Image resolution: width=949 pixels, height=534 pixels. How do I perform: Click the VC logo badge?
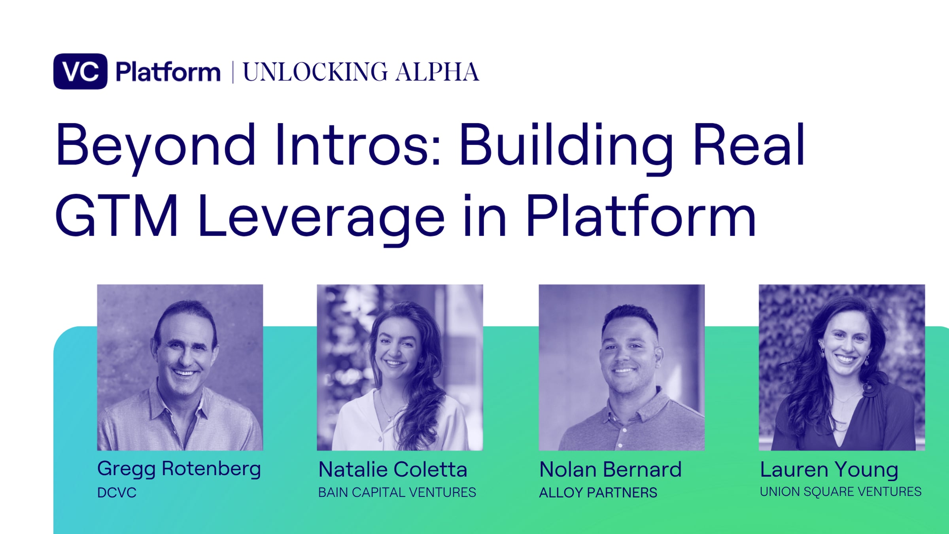click(x=80, y=71)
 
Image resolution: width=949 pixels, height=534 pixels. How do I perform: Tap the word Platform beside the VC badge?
click(x=168, y=72)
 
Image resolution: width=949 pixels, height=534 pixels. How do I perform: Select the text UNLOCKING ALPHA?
click(x=361, y=72)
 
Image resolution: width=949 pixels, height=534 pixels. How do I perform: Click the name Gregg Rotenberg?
click(x=179, y=469)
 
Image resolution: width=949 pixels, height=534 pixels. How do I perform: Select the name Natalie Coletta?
click(x=393, y=470)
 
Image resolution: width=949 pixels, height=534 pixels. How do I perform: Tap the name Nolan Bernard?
click(x=611, y=470)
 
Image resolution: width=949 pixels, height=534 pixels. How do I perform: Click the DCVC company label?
click(x=117, y=492)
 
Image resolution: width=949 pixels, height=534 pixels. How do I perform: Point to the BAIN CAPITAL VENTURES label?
click(x=397, y=492)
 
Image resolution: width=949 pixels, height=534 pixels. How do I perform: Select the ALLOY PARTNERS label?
click(x=598, y=492)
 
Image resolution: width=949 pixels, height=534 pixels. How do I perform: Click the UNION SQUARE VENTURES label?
click(x=841, y=492)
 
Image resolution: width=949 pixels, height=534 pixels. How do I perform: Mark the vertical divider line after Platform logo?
click(x=233, y=72)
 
